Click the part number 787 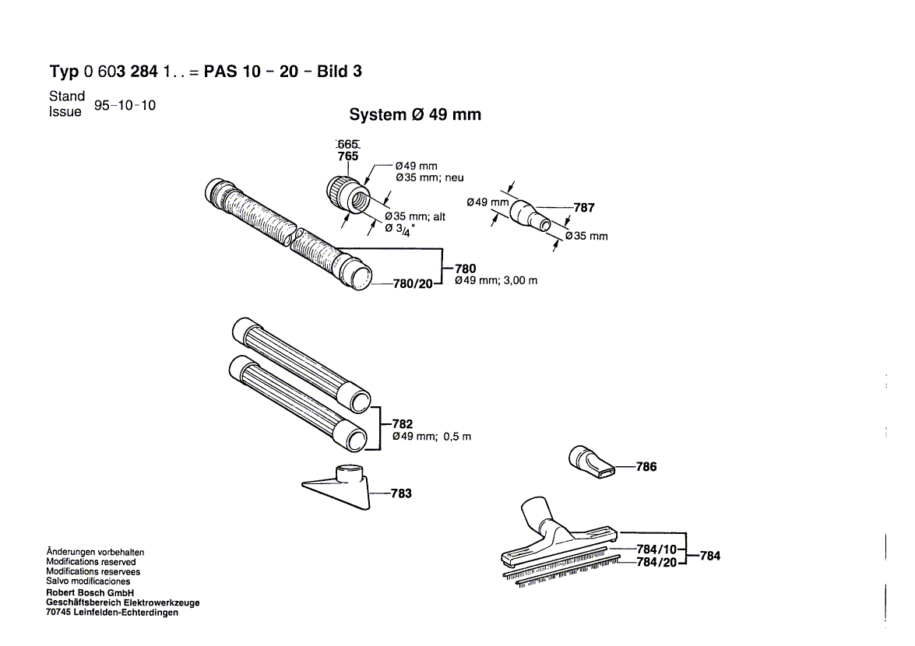pos(583,208)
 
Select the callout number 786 pos(646,467)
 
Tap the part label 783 pos(401,493)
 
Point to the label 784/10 pos(656,549)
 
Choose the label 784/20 pos(656,563)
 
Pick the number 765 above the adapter pos(348,156)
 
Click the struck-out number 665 pos(347,144)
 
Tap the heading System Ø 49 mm pos(415,114)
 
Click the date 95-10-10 pos(125,105)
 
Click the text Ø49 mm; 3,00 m pos(495,281)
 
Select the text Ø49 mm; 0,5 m pos(431,437)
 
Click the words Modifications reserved pos(90,562)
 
